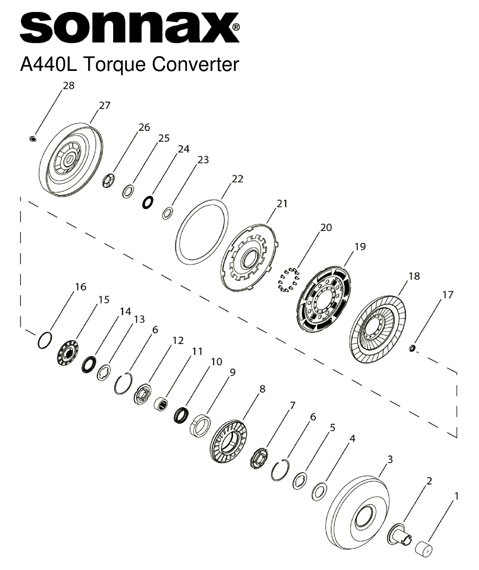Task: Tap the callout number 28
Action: [x=68, y=86]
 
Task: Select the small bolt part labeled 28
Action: [x=33, y=139]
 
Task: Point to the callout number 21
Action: [x=282, y=204]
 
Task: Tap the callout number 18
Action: [x=414, y=276]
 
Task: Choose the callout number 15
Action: [x=104, y=300]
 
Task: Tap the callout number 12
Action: [x=178, y=340]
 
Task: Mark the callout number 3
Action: [x=390, y=459]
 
